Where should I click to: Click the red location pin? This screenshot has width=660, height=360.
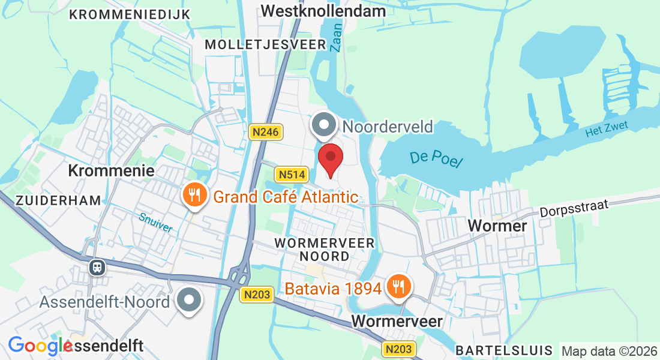(x=330, y=158)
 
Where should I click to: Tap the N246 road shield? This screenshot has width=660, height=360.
(x=266, y=132)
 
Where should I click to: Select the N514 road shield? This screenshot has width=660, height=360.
(x=292, y=175)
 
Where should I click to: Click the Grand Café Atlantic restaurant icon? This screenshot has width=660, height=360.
(x=194, y=194)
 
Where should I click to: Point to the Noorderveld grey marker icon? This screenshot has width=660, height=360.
(x=325, y=125)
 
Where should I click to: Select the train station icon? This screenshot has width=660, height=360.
(x=97, y=267)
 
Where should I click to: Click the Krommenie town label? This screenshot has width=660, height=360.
(x=112, y=170)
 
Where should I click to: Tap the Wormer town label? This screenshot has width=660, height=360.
(x=497, y=226)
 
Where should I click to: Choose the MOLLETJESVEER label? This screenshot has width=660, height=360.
(x=265, y=44)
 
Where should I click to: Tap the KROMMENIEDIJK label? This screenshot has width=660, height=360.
(x=130, y=14)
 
